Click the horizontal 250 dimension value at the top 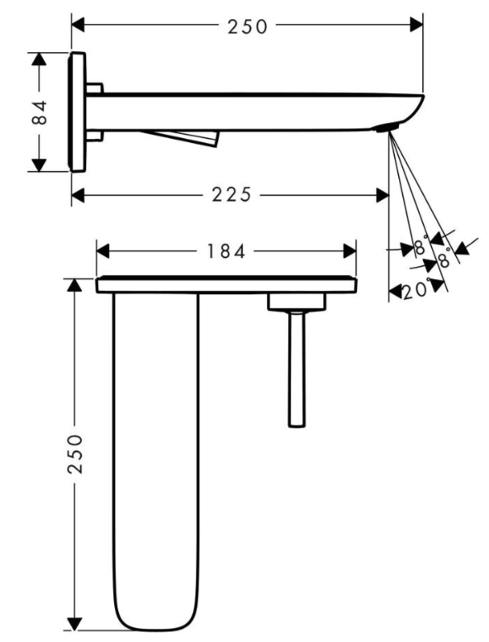248,26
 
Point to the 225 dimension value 229,195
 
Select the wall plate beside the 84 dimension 78,112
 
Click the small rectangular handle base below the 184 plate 297,303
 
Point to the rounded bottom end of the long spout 157,616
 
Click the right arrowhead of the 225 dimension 382,195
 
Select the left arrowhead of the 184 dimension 103,251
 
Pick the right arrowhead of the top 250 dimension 417,26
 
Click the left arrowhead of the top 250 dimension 78,26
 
